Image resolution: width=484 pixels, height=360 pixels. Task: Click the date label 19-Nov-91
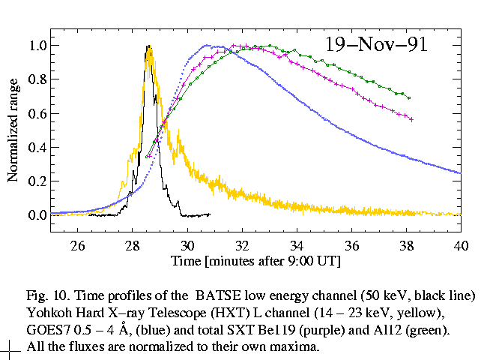click(375, 44)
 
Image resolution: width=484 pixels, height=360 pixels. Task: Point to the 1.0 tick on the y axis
click(37, 46)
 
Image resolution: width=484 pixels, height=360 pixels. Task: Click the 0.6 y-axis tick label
click(37, 113)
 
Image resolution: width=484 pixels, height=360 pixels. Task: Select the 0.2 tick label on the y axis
click(37, 181)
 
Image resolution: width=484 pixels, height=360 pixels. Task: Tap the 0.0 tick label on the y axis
click(37, 215)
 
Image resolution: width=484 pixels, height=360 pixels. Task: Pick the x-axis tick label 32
click(242, 244)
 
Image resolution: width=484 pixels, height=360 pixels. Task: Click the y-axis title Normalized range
click(13, 130)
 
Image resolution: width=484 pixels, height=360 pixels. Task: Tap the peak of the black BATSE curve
click(148, 46)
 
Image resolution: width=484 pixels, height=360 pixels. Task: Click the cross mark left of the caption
click(10, 347)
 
